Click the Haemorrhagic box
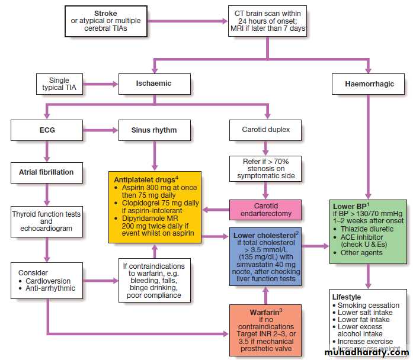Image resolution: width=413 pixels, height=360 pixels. coord(369,83)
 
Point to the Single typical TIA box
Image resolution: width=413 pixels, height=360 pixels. coord(59,84)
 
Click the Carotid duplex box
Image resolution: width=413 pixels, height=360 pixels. coord(266,130)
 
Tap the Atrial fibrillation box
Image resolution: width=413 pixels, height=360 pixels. coord(46,172)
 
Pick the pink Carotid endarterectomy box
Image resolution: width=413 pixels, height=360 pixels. coord(266,209)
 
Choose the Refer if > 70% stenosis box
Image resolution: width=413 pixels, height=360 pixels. coord(266,168)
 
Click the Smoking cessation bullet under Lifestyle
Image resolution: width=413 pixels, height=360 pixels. coord(368,305)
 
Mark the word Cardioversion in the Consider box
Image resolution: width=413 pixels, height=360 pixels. coord(48,281)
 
